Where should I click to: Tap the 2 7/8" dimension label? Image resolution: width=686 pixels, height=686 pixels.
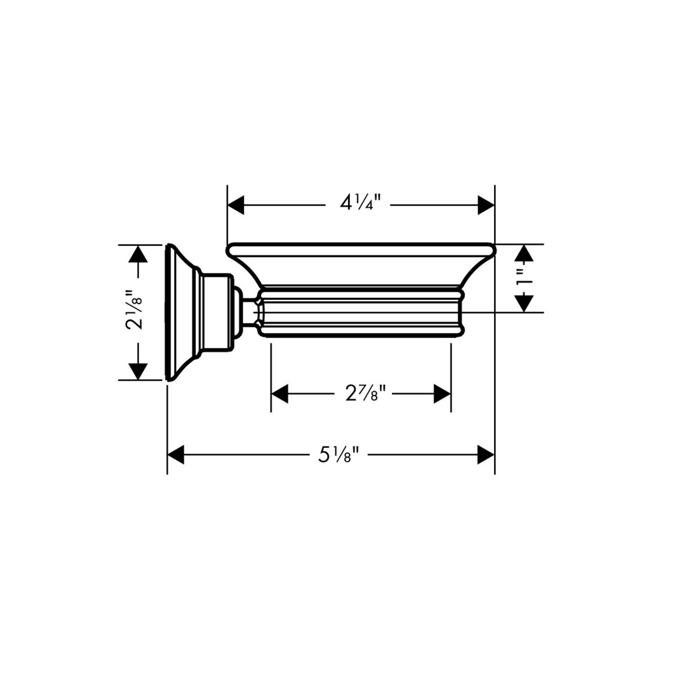(366, 394)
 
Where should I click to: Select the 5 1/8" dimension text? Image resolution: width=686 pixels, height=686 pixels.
(339, 455)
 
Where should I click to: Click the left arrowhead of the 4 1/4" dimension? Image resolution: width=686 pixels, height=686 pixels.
(236, 205)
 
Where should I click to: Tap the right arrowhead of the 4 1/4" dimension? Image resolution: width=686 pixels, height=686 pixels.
(486, 205)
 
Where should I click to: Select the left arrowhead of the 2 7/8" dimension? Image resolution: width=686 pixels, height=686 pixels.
(280, 394)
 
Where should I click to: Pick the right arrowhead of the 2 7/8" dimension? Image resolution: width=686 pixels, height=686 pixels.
(442, 394)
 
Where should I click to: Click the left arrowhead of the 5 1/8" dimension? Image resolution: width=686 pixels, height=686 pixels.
(176, 455)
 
